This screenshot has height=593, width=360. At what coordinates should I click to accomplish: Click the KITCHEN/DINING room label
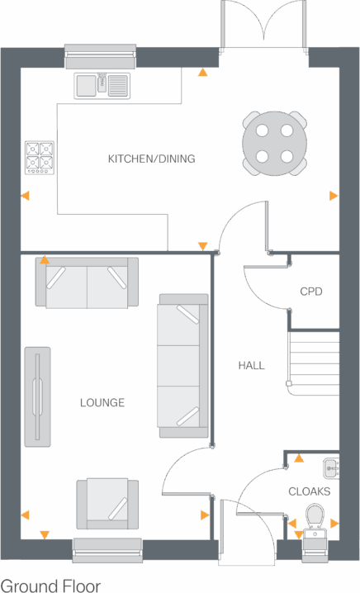[152, 159]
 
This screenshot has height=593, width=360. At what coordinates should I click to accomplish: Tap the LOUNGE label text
[102, 403]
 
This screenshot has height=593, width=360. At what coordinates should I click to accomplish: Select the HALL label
[251, 365]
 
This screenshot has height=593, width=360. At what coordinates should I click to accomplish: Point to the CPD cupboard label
[310, 292]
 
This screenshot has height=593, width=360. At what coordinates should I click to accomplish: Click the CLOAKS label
[310, 491]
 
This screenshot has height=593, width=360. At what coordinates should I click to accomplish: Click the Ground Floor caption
[51, 586]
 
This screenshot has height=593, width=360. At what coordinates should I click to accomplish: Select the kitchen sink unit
[103, 84]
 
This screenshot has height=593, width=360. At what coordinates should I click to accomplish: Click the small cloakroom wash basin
[330, 468]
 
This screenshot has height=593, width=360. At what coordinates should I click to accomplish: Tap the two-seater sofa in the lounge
[87, 283]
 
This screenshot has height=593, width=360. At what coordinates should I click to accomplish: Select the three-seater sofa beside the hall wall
[183, 365]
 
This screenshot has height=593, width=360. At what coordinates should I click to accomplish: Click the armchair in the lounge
[107, 502]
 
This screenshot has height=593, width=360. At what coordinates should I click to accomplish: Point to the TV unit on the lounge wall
[36, 397]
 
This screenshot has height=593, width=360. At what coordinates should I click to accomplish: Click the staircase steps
[314, 358]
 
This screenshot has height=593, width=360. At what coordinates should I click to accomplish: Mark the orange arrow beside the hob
[25, 197]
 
